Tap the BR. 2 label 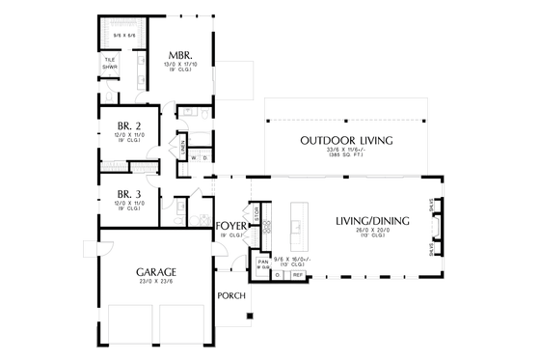click(129, 127)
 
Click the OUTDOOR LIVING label click(346, 140)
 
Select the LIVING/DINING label click(372, 221)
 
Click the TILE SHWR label click(110, 64)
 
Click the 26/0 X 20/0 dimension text click(372, 233)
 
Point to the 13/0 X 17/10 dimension click(179, 65)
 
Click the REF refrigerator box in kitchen click(298, 275)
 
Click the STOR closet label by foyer click(256, 212)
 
